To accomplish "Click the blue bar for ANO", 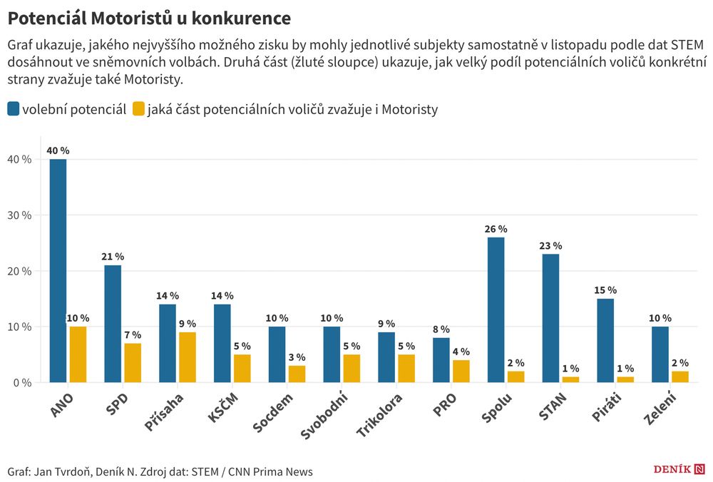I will coord(58,270).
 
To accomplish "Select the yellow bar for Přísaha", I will coord(188,357).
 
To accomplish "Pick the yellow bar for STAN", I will coord(570,379).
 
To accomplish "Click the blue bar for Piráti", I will coord(605,340).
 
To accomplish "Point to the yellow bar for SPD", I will coord(133,363).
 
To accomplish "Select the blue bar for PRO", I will coord(441,360).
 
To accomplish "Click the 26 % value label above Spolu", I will coord(496,229).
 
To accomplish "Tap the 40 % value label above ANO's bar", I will coord(58,150).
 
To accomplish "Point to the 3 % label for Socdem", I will coord(297,357).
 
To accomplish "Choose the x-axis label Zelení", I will coord(660,409).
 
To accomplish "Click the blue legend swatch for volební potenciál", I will coord(14,109).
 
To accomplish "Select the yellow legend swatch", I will coord(139,109).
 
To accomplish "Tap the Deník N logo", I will coord(679,468).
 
